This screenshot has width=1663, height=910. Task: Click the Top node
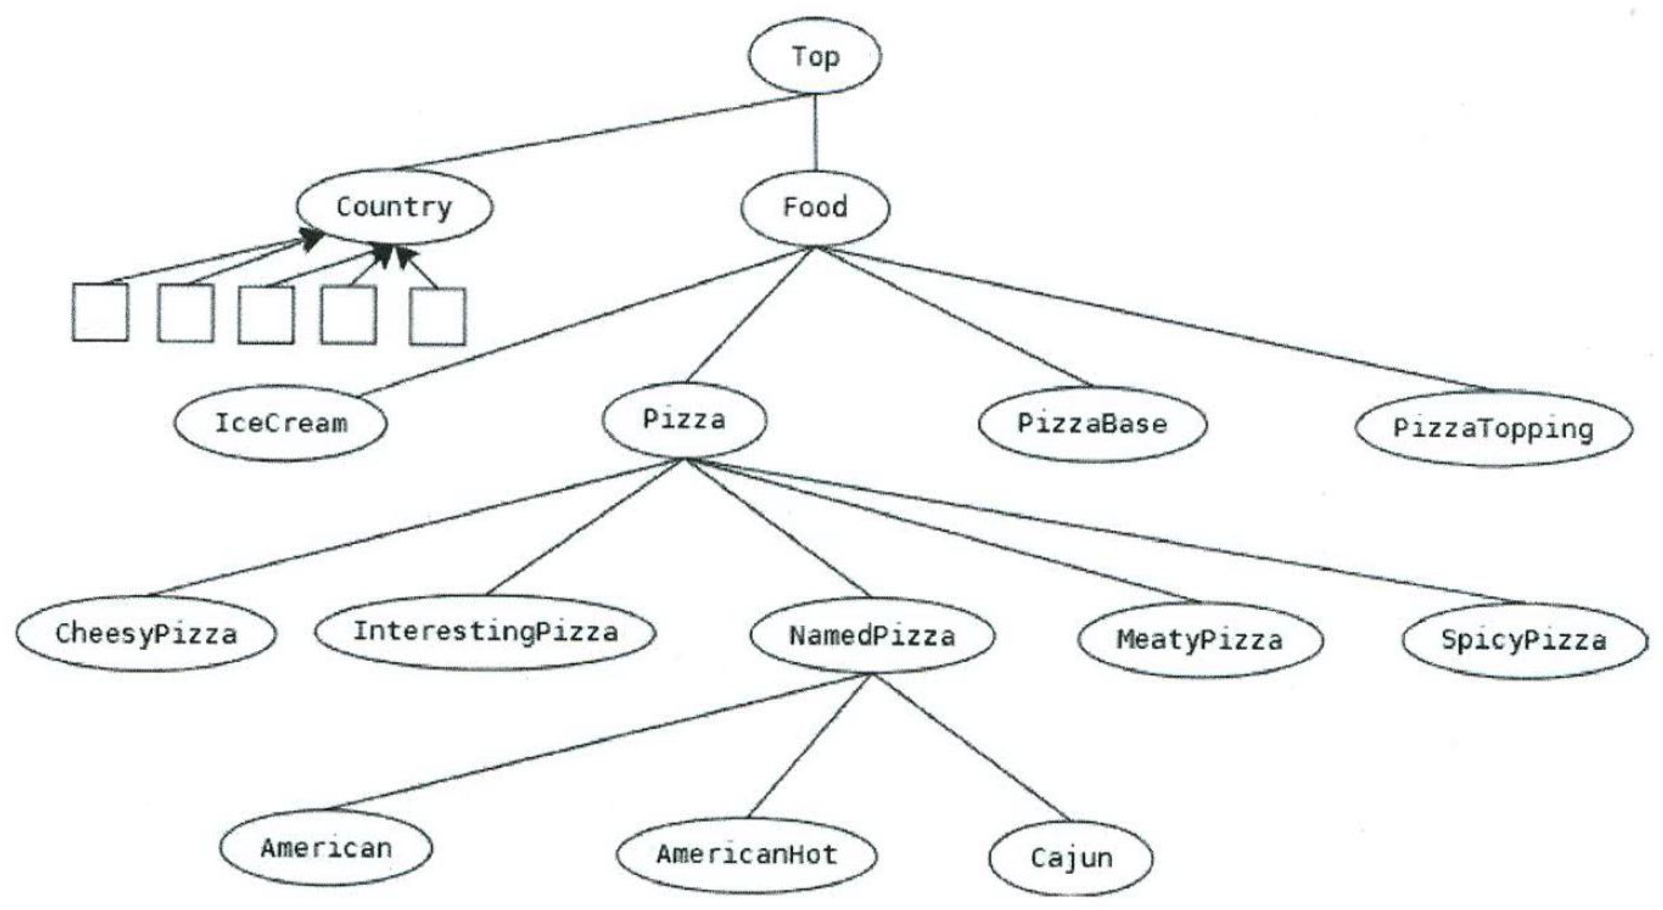pos(815,56)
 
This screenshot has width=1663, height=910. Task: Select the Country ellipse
pos(394,207)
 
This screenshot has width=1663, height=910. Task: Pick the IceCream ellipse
pos(281,423)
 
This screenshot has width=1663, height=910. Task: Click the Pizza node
pos(684,420)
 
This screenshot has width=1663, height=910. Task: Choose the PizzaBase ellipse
pos(1092,424)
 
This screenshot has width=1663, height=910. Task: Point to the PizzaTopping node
pos(1493,428)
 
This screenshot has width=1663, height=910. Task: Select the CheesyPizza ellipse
pos(146,634)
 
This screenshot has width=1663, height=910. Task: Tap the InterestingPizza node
pos(486,632)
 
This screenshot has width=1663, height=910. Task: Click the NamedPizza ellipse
pos(872,636)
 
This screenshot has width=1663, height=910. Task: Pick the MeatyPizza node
pos(1200,640)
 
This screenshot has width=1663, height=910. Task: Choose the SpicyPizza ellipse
pos(1524,640)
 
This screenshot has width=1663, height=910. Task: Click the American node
pos(326,848)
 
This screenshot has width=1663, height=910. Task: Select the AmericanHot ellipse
pos(747,855)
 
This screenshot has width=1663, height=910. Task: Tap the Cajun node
pos(1071,858)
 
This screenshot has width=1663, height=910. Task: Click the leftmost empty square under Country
pos(100,312)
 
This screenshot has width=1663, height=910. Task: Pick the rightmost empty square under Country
pos(437,316)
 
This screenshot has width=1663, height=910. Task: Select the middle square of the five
pos(266,314)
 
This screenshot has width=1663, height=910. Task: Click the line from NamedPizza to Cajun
pos(972,749)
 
